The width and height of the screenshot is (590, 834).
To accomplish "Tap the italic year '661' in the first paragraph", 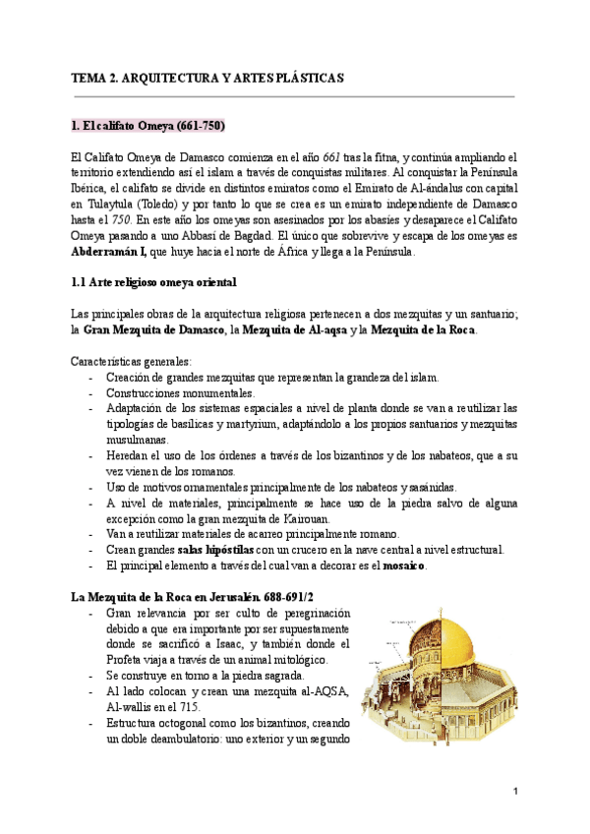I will point(334,156).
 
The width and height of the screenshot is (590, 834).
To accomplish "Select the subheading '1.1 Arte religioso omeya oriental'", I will point(153,283).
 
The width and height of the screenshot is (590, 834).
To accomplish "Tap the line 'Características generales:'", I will point(132,361).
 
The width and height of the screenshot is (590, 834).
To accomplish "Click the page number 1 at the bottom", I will point(514,791).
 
